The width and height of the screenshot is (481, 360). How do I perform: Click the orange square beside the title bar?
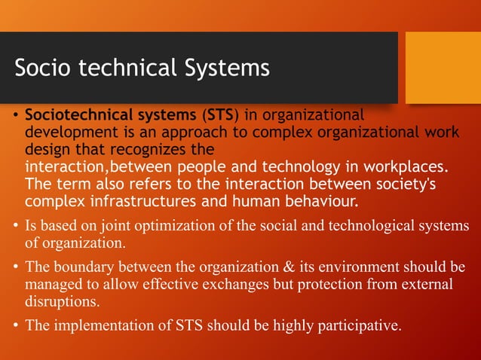pos(443,67)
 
